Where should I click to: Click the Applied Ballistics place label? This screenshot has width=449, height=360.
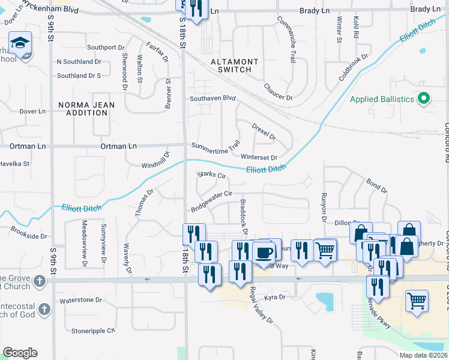(x=382, y=98)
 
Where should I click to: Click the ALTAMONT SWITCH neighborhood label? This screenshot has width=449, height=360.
(x=235, y=65)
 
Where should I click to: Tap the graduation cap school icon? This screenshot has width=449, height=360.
(x=20, y=44)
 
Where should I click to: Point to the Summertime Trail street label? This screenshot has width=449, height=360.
(x=215, y=145)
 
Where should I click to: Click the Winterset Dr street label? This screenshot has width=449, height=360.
(x=259, y=157)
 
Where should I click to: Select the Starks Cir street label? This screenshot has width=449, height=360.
(x=211, y=176)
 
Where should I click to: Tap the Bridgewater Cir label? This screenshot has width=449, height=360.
(x=211, y=201)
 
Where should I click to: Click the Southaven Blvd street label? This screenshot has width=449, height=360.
(x=212, y=98)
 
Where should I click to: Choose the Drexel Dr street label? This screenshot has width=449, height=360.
(x=264, y=132)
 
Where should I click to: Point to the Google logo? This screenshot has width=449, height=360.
(x=20, y=353)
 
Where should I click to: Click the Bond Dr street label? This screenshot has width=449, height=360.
(x=376, y=185)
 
